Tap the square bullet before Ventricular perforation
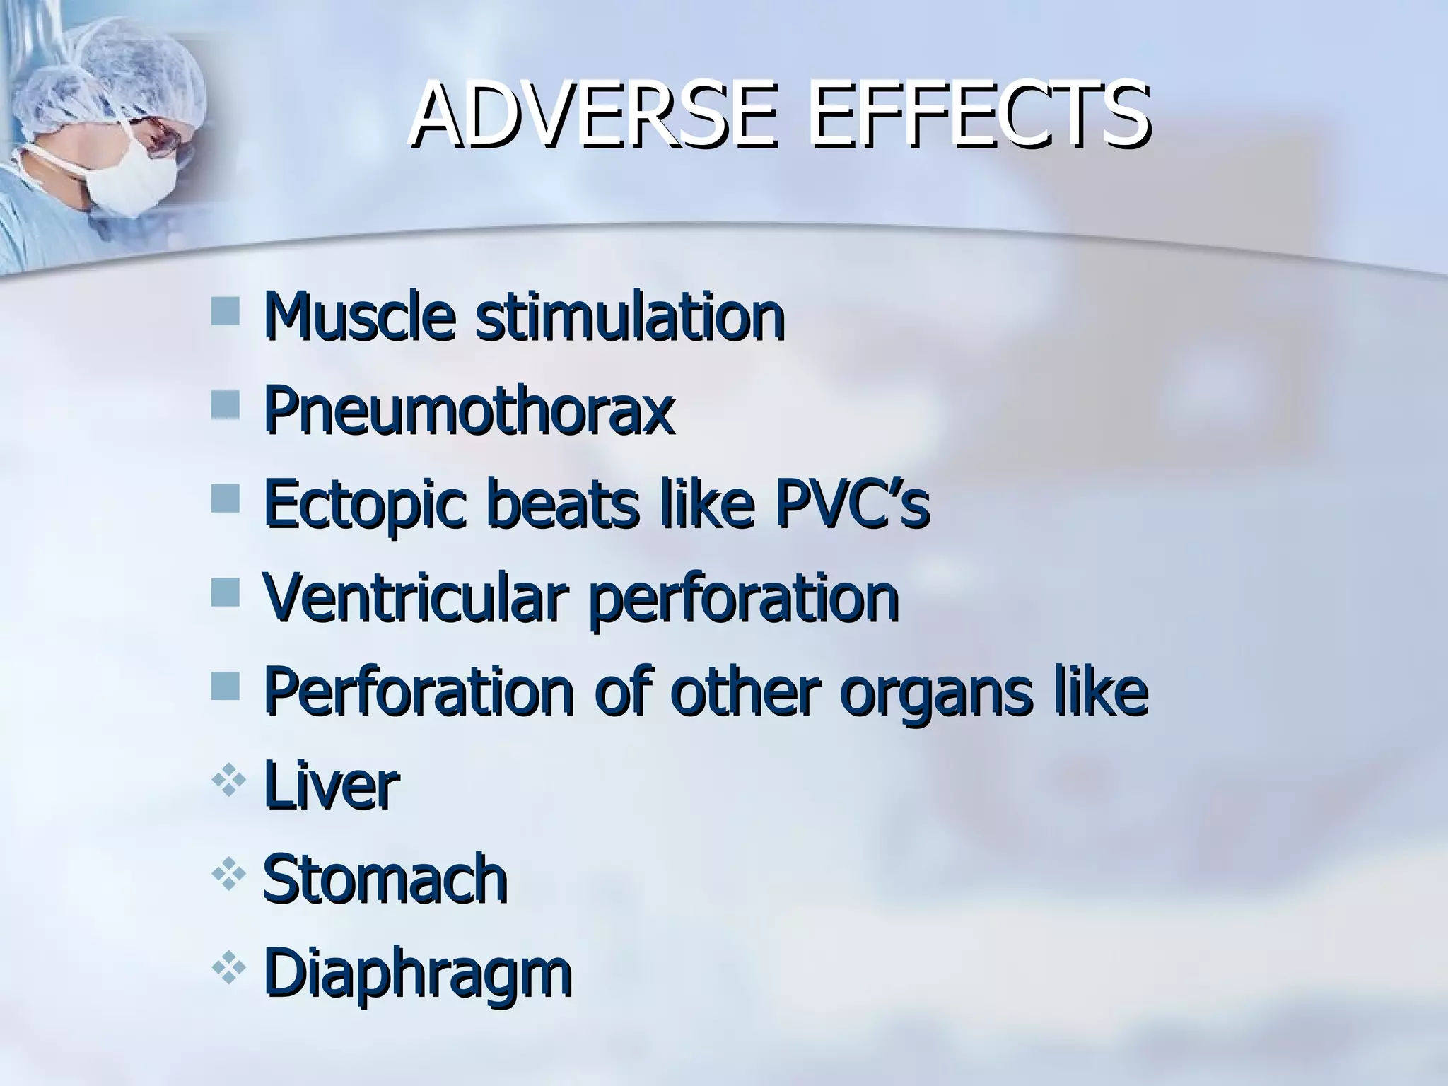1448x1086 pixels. tap(225, 592)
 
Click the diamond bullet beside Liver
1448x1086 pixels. tap(228, 783)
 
